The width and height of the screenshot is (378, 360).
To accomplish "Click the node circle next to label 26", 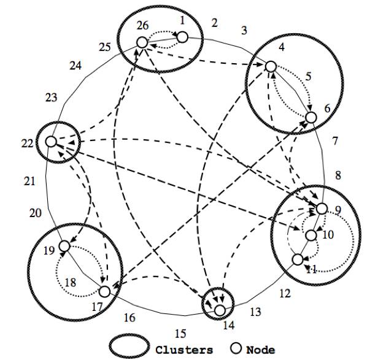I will (142, 42).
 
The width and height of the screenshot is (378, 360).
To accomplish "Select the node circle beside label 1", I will (182, 37).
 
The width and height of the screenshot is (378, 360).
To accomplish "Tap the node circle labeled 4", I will (271, 66).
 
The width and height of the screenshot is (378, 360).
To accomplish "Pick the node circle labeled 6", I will (311, 117).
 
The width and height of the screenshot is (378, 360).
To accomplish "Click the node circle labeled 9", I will (322, 209).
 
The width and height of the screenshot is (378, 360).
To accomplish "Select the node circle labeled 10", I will (311, 236).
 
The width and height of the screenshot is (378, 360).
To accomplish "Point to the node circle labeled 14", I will (219, 311).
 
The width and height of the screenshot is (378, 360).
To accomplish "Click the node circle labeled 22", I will (51, 142).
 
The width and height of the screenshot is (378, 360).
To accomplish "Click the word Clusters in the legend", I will (184, 349).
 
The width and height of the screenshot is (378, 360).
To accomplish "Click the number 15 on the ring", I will (180, 334).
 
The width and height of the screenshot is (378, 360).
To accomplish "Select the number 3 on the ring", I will (244, 30).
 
